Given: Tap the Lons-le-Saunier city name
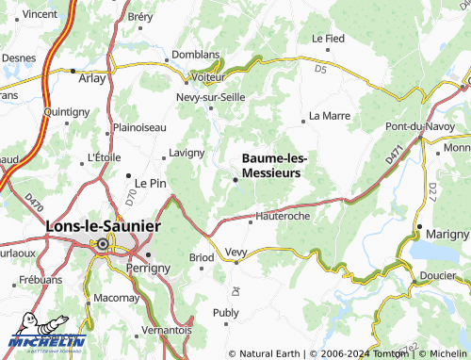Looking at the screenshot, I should click(104, 227).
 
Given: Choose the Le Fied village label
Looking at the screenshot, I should click(328, 39).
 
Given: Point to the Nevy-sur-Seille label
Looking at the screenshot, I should click(213, 96).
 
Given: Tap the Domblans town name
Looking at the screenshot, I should click(195, 56).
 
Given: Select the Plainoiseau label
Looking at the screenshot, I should click(138, 127).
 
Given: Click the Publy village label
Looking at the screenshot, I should click(227, 312).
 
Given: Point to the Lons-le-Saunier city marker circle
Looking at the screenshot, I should click(101, 244).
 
